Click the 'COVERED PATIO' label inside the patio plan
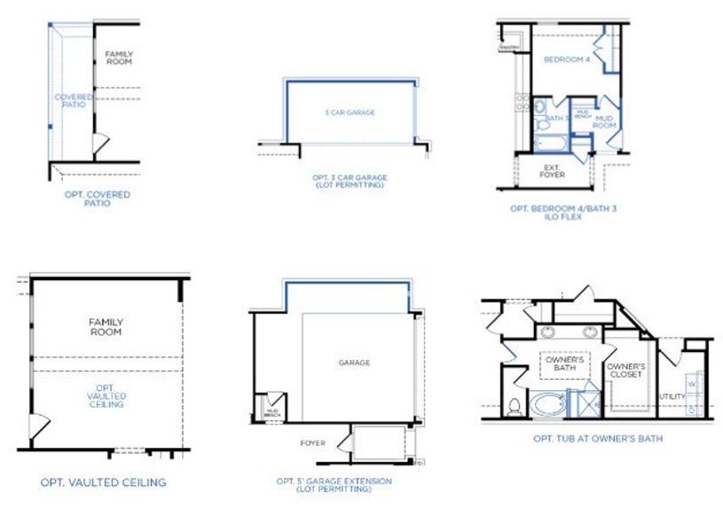pyautogui.click(x=71, y=101)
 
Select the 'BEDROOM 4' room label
pyautogui.click(x=565, y=59)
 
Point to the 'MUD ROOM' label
pyautogui.click(x=605, y=121)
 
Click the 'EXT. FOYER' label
pyautogui.click(x=552, y=171)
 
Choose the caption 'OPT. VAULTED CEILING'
pyautogui.click(x=103, y=483)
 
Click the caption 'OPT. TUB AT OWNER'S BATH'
pyautogui.click(x=597, y=438)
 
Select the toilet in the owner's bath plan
pyautogui.click(x=515, y=406)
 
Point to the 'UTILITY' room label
pyautogui.click(x=672, y=395)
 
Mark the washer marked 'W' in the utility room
pyautogui.click(x=692, y=384)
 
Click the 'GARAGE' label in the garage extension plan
pyautogui.click(x=354, y=363)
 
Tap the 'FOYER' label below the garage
pyautogui.click(x=312, y=443)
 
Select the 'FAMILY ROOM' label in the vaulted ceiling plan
pyautogui.click(x=106, y=326)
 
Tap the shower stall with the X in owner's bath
pyautogui.click(x=585, y=404)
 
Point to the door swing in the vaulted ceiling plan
pyautogui.click(x=38, y=427)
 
